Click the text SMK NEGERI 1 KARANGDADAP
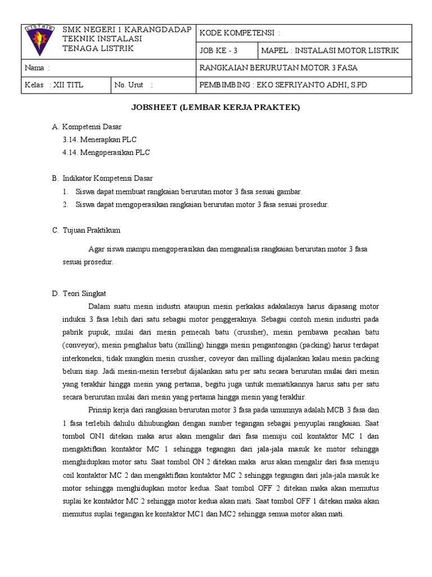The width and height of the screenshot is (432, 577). pyautogui.click(x=127, y=29)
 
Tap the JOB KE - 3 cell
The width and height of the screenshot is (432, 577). pyautogui.click(x=219, y=51)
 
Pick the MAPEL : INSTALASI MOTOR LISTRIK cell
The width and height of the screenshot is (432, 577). pyautogui.click(x=329, y=51)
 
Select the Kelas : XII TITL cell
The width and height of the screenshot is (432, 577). pyautogui.click(x=53, y=85)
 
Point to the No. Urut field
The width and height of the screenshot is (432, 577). pyautogui.click(x=133, y=85)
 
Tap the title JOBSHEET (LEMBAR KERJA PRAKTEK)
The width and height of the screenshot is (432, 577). pyautogui.click(x=215, y=108)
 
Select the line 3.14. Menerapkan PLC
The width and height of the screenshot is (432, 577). pyautogui.click(x=100, y=139)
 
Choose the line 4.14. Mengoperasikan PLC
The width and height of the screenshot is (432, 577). pyautogui.click(x=106, y=152)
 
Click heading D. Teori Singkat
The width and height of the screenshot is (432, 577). pyautogui.click(x=83, y=294)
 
